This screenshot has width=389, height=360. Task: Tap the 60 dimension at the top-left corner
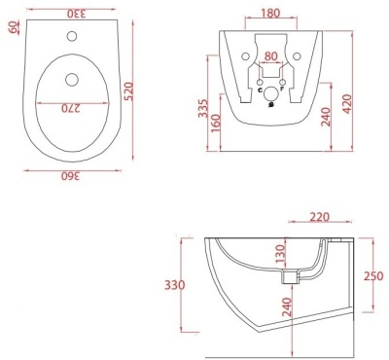coord(12,28)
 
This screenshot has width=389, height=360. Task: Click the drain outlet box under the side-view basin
coord(286,277)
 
